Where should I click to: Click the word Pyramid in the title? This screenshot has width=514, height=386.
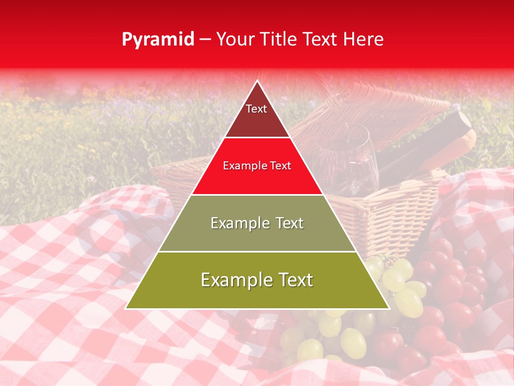158,40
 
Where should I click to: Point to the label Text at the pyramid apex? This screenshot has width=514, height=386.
256,109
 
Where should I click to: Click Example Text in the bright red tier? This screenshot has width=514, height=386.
257,166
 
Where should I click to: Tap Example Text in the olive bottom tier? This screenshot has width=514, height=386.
257,280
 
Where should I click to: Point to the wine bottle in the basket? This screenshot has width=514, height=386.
428,145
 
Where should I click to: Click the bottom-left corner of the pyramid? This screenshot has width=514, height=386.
126,308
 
